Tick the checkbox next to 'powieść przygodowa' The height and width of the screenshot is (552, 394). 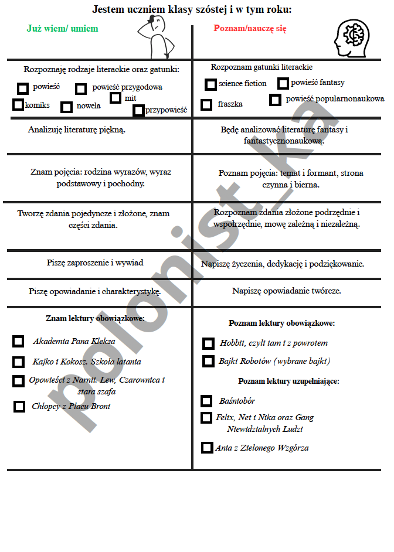(x=81, y=89)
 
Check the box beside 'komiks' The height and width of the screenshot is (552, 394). (x=18, y=105)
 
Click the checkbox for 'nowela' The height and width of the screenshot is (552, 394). (x=67, y=107)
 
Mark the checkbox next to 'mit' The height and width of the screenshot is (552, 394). (x=116, y=98)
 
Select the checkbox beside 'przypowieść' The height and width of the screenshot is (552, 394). (x=138, y=110)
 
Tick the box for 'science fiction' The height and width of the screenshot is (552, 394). (x=210, y=84)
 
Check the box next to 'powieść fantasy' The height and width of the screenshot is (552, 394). (x=283, y=83)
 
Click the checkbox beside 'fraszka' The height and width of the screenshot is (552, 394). (x=206, y=104)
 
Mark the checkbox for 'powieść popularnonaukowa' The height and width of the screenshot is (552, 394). (x=275, y=100)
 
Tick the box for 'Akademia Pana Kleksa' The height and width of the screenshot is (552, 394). (x=19, y=341)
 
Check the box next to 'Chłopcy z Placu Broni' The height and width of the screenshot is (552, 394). (x=19, y=406)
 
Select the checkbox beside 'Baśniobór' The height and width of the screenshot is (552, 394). (x=206, y=401)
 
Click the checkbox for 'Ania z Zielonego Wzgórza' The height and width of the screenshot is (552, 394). (x=207, y=448)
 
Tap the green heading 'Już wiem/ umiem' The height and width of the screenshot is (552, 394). (x=63, y=28)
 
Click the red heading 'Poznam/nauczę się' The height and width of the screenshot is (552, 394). (x=250, y=28)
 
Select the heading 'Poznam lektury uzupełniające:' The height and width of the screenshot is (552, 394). (x=288, y=381)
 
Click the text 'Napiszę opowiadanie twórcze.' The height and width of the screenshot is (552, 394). (x=287, y=291)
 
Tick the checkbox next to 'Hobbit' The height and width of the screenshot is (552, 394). (x=208, y=343)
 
